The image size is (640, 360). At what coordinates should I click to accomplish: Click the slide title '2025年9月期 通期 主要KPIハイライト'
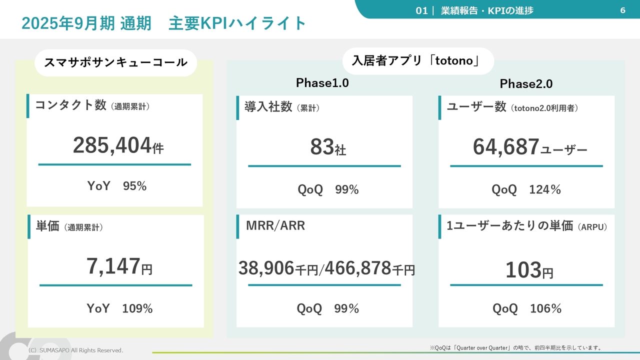tap(164, 23)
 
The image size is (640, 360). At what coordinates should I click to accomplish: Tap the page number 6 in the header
tap(622, 10)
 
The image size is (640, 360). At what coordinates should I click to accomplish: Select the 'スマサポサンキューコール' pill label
tap(115, 62)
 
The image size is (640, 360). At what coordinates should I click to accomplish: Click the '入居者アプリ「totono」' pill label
tap(418, 61)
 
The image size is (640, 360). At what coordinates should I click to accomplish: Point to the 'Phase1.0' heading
tap(322, 83)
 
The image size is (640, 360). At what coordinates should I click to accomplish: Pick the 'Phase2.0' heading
tap(526, 84)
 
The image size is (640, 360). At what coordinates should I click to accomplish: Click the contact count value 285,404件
tap(118, 146)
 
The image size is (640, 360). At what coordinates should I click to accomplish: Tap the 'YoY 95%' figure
tap(117, 186)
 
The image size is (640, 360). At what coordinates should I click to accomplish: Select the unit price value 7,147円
tap(119, 267)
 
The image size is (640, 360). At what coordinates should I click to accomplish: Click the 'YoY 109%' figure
tap(120, 308)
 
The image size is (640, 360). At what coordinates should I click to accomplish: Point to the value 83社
tap(328, 147)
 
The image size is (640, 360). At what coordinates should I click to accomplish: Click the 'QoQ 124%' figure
tap(526, 189)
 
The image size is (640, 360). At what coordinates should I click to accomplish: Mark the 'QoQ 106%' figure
tap(527, 308)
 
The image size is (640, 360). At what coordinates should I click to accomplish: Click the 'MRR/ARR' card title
tap(275, 225)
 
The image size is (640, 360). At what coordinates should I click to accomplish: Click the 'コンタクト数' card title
tap(70, 105)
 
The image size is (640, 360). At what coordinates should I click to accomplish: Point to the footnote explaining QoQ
tap(516, 347)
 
